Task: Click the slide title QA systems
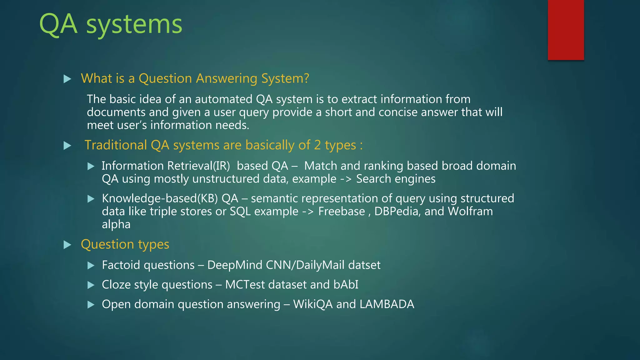point(111,24)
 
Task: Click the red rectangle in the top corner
point(566,30)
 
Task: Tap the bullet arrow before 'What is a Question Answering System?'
point(67,79)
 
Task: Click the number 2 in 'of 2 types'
point(317,145)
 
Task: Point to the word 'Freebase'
point(341,212)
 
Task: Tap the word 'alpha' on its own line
point(116,225)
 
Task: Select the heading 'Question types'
point(125,244)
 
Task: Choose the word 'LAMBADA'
point(387,304)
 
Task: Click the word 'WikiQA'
point(313,304)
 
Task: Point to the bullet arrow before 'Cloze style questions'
point(91,285)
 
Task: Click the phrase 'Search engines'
point(396,179)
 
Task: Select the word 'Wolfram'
point(470,212)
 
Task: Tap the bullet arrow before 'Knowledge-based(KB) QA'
point(91,199)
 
